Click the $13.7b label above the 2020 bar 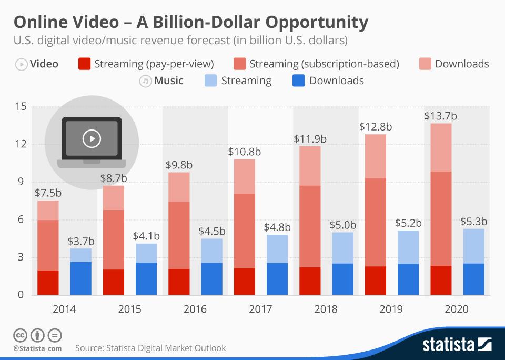tap(440, 116)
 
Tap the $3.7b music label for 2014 tap(81, 241)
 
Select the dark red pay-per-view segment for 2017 tap(245, 281)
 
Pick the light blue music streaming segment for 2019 tap(408, 247)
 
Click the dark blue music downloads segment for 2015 tap(146, 278)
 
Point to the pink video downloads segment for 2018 tap(310, 166)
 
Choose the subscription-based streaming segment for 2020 tap(441, 218)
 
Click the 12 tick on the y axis tap(21, 145)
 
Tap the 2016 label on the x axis tap(195, 309)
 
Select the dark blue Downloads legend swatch tap(298, 81)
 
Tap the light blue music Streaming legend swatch tap(210, 81)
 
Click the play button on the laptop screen tap(92, 138)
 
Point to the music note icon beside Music tap(144, 81)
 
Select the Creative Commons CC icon tap(20, 335)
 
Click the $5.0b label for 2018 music tap(342, 225)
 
